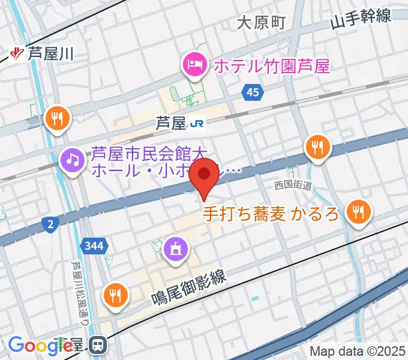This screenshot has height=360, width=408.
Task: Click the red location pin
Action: [205, 175]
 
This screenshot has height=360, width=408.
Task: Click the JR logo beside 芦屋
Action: [197, 124]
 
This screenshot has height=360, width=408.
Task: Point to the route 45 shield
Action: [253, 91]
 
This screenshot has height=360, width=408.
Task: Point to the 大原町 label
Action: [261, 23]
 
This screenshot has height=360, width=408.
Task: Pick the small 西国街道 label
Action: [293, 186]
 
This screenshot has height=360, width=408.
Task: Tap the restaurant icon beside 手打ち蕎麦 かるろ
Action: [358, 211]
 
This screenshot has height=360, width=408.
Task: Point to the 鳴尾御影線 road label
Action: [187, 287]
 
